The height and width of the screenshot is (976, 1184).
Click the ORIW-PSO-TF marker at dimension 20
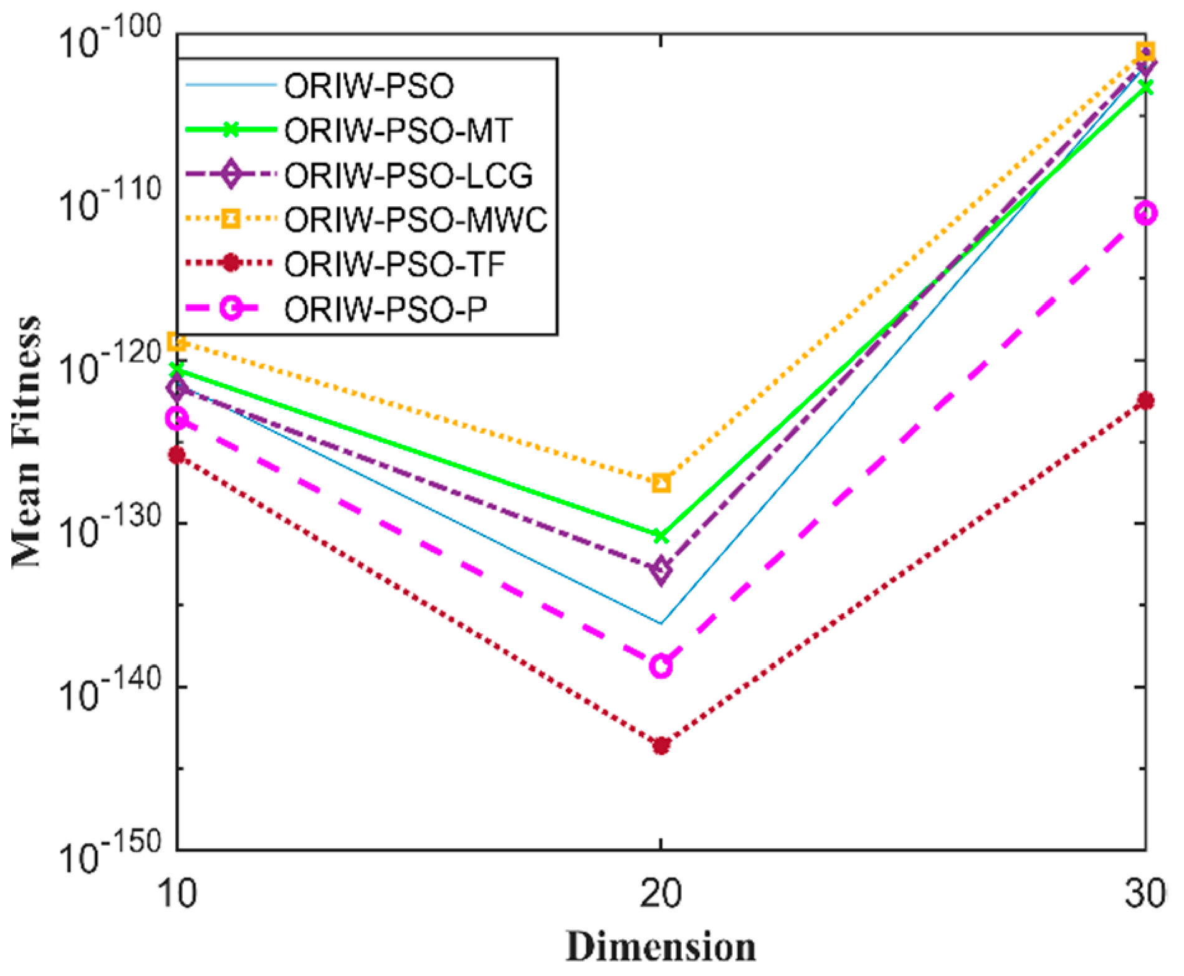click(x=661, y=745)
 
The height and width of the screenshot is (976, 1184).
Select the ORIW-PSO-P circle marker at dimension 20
click(x=661, y=666)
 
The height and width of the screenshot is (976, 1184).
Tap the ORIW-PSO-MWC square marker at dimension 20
click(x=661, y=482)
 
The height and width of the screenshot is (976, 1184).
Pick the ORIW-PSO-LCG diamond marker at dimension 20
click(x=661, y=570)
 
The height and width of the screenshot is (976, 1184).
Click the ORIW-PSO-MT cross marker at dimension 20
click(x=661, y=536)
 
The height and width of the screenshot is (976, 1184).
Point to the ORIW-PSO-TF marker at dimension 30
click(x=1145, y=401)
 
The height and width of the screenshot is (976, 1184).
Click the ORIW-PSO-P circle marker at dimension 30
click(x=1145, y=214)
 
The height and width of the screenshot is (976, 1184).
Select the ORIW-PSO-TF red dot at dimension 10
click(x=178, y=456)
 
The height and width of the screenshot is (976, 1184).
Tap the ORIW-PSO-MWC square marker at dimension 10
click(x=178, y=342)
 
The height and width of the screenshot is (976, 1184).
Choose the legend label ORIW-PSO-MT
click(x=399, y=130)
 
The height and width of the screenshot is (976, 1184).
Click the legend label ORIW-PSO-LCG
click(x=409, y=175)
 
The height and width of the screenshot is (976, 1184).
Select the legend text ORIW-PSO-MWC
click(x=416, y=220)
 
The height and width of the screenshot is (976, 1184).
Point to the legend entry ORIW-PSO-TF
click(x=394, y=264)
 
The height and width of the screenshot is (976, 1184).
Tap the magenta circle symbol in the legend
click(x=231, y=309)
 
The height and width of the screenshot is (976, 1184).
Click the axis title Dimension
click(x=661, y=947)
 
